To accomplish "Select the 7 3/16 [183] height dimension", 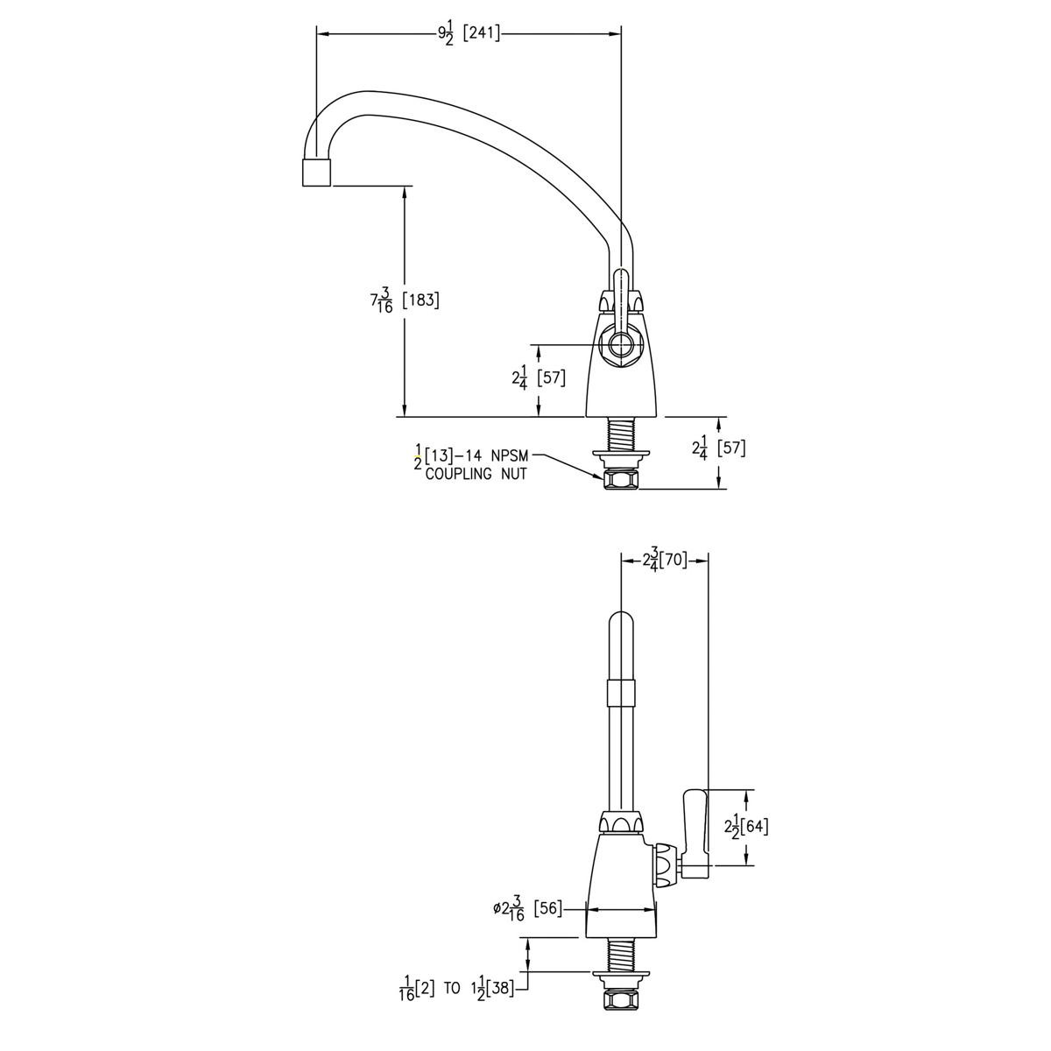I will click(x=405, y=300).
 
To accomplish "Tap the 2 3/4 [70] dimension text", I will click(x=665, y=561).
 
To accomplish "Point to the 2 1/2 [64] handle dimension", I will click(x=746, y=827).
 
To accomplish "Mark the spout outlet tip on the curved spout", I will click(x=316, y=173).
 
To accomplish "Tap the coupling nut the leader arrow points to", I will click(x=620, y=479).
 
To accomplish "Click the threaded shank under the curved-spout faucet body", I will click(x=620, y=434).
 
